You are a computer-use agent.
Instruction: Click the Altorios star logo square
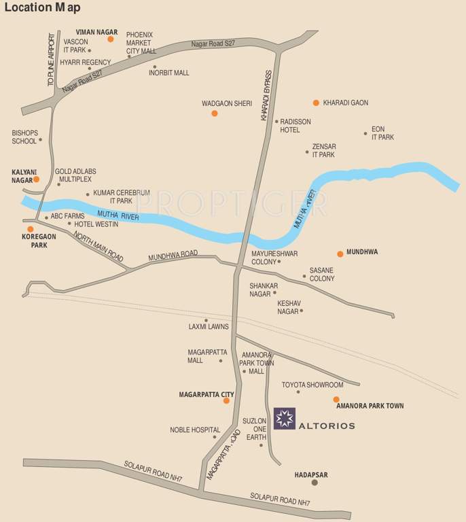(x=284, y=419)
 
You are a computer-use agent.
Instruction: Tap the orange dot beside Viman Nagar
(x=111, y=39)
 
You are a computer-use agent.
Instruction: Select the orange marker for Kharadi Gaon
(x=316, y=103)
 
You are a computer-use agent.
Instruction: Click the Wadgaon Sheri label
(x=227, y=103)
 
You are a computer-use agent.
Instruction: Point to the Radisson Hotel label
(x=295, y=126)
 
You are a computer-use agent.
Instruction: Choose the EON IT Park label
(x=382, y=133)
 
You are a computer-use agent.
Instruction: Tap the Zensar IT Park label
(x=324, y=150)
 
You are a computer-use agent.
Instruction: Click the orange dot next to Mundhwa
(x=340, y=254)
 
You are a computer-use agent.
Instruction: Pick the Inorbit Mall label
(x=169, y=73)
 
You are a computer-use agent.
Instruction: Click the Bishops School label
(x=24, y=137)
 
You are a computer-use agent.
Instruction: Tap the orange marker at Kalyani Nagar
(x=37, y=179)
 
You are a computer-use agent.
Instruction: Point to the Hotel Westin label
(x=96, y=224)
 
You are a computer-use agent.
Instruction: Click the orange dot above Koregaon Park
(x=31, y=229)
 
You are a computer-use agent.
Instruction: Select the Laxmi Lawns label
(x=209, y=327)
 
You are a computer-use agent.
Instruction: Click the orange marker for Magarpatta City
(x=226, y=401)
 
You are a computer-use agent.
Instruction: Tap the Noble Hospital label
(x=195, y=430)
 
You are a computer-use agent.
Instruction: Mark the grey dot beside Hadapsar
(x=314, y=483)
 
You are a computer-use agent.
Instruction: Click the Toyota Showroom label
(x=312, y=385)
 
